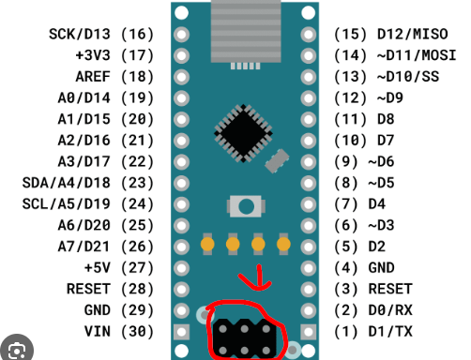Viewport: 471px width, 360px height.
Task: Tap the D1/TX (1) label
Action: (374, 330)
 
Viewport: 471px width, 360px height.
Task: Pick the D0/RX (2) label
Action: (374, 309)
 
